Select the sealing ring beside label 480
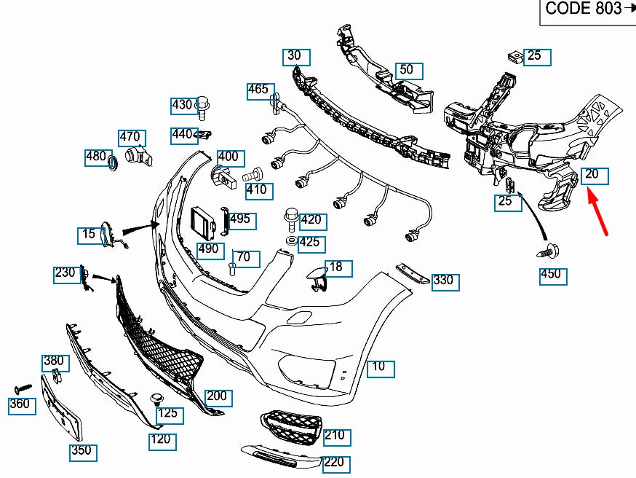pos(113,162)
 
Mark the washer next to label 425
pos(290,240)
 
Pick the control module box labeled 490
pos(203,223)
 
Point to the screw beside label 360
pos(23,387)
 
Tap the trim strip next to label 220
pos(279,456)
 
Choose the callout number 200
pos(217,397)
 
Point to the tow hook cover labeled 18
pos(317,278)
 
